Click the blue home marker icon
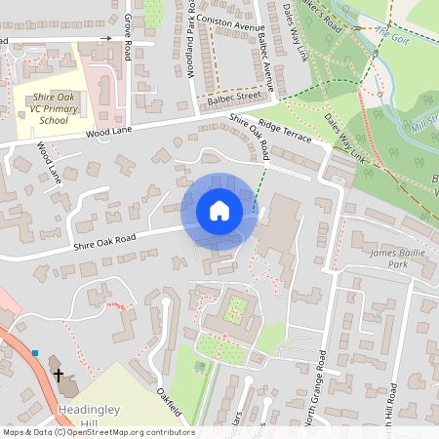tap(219, 211)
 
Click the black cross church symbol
tap(58, 375)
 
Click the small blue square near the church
tap(35, 353)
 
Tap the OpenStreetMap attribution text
tap(98, 432)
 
